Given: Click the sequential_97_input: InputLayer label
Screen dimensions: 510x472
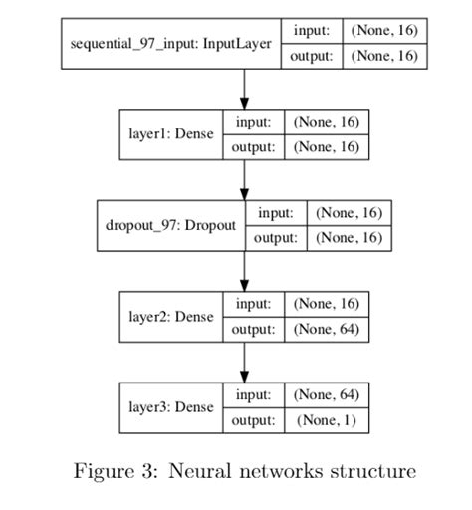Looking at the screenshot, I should pyautogui.click(x=171, y=44).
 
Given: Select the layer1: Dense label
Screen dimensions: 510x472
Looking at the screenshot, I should pyautogui.click(x=170, y=134).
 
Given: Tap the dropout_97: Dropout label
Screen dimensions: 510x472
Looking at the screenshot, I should pyautogui.click(x=170, y=225).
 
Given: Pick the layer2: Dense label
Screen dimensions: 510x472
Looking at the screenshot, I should pyautogui.click(x=170, y=316).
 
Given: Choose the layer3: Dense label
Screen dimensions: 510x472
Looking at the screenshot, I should pyautogui.click(x=170, y=407).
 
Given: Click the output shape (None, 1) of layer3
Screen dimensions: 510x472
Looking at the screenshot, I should pyautogui.click(x=327, y=420).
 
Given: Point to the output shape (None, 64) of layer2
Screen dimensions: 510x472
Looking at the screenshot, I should pyautogui.click(x=327, y=329).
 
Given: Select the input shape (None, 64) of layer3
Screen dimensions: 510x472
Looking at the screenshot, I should pyautogui.click(x=327, y=395).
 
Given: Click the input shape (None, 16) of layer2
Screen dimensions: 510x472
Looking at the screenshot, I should pyautogui.click(x=327, y=304).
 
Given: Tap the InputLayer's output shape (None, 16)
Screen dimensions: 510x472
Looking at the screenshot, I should pyautogui.click(x=384, y=56).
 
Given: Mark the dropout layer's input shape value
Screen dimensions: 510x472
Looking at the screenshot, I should pyautogui.click(x=349, y=213).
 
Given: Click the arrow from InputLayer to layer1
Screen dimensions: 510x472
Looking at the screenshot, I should pyautogui.click(x=244, y=89).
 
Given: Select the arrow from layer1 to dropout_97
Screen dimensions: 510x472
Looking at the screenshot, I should pyautogui.click(x=244, y=179).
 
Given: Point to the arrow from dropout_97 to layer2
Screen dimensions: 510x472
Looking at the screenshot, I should pyautogui.click(x=244, y=270).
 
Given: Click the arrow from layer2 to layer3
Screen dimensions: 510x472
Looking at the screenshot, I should pyautogui.click(x=244, y=362).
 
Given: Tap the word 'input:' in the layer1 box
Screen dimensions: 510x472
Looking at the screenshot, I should pyautogui.click(x=253, y=123).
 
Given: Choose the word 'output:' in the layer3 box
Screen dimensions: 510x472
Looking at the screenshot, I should pyautogui.click(x=253, y=420).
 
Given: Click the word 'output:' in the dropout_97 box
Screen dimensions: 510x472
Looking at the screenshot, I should pyautogui.click(x=276, y=238).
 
